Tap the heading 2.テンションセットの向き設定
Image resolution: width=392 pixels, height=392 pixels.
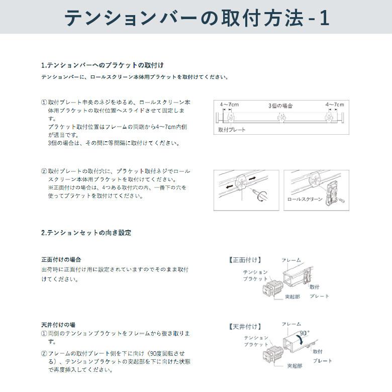(86, 233)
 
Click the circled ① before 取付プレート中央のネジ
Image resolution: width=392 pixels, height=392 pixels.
(44, 102)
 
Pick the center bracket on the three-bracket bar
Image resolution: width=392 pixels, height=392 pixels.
(281, 118)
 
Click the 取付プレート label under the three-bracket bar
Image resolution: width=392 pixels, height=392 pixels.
(232, 130)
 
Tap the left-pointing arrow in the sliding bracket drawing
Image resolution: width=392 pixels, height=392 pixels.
(230, 186)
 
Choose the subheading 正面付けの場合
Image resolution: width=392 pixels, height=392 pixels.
(61, 260)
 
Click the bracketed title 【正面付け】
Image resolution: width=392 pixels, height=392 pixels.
(246, 260)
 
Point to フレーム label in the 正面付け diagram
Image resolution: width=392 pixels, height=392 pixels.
(291, 260)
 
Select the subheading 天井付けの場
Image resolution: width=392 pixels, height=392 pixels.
(58, 325)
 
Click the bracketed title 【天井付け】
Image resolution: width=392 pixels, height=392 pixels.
(246, 327)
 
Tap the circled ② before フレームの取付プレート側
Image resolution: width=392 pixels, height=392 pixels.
(44, 353)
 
